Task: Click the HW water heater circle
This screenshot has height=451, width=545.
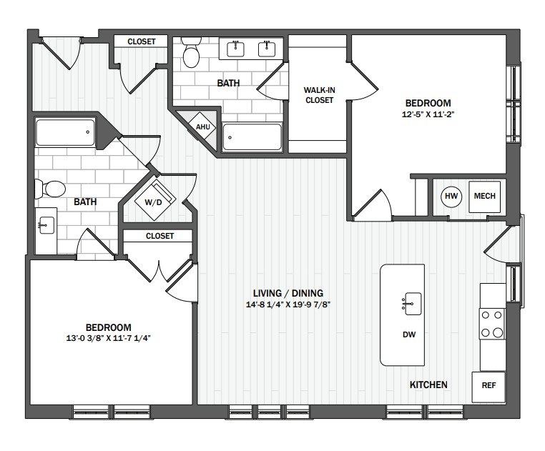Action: tap(451, 197)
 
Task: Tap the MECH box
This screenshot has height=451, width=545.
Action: tap(484, 197)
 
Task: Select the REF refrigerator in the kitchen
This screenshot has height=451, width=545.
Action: tap(488, 387)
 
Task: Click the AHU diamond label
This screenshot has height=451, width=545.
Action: tap(202, 127)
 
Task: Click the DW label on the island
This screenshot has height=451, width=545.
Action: tap(409, 334)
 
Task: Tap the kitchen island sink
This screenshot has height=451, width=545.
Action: tap(411, 304)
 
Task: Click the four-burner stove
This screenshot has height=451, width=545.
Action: tap(492, 324)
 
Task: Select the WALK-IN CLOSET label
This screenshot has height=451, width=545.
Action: tap(319, 95)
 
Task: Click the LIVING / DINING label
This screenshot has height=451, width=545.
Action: tap(288, 293)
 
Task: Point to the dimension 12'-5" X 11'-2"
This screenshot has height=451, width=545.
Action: tap(428, 114)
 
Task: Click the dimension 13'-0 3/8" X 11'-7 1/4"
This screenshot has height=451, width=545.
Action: tap(108, 338)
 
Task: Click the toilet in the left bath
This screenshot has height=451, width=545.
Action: tap(51, 189)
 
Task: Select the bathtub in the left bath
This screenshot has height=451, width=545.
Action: tap(65, 132)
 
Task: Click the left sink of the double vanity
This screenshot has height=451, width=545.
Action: tap(235, 49)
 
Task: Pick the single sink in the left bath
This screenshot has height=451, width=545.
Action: tap(46, 226)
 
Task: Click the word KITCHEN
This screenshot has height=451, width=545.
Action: tap(428, 385)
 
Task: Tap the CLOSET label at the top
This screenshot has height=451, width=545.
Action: tap(142, 41)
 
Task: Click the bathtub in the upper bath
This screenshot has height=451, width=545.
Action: tap(252, 137)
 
